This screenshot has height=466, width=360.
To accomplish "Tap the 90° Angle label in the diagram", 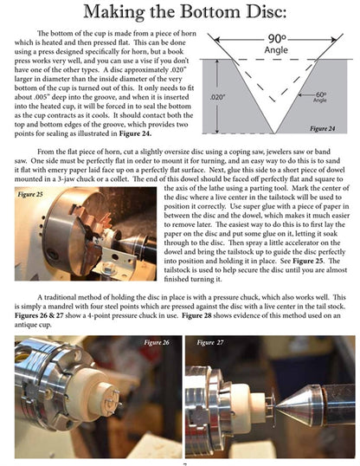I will tap(276, 45).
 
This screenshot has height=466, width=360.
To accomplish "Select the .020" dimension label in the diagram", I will tap(217, 99).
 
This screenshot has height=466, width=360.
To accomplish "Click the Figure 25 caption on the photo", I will tap(33, 196).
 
